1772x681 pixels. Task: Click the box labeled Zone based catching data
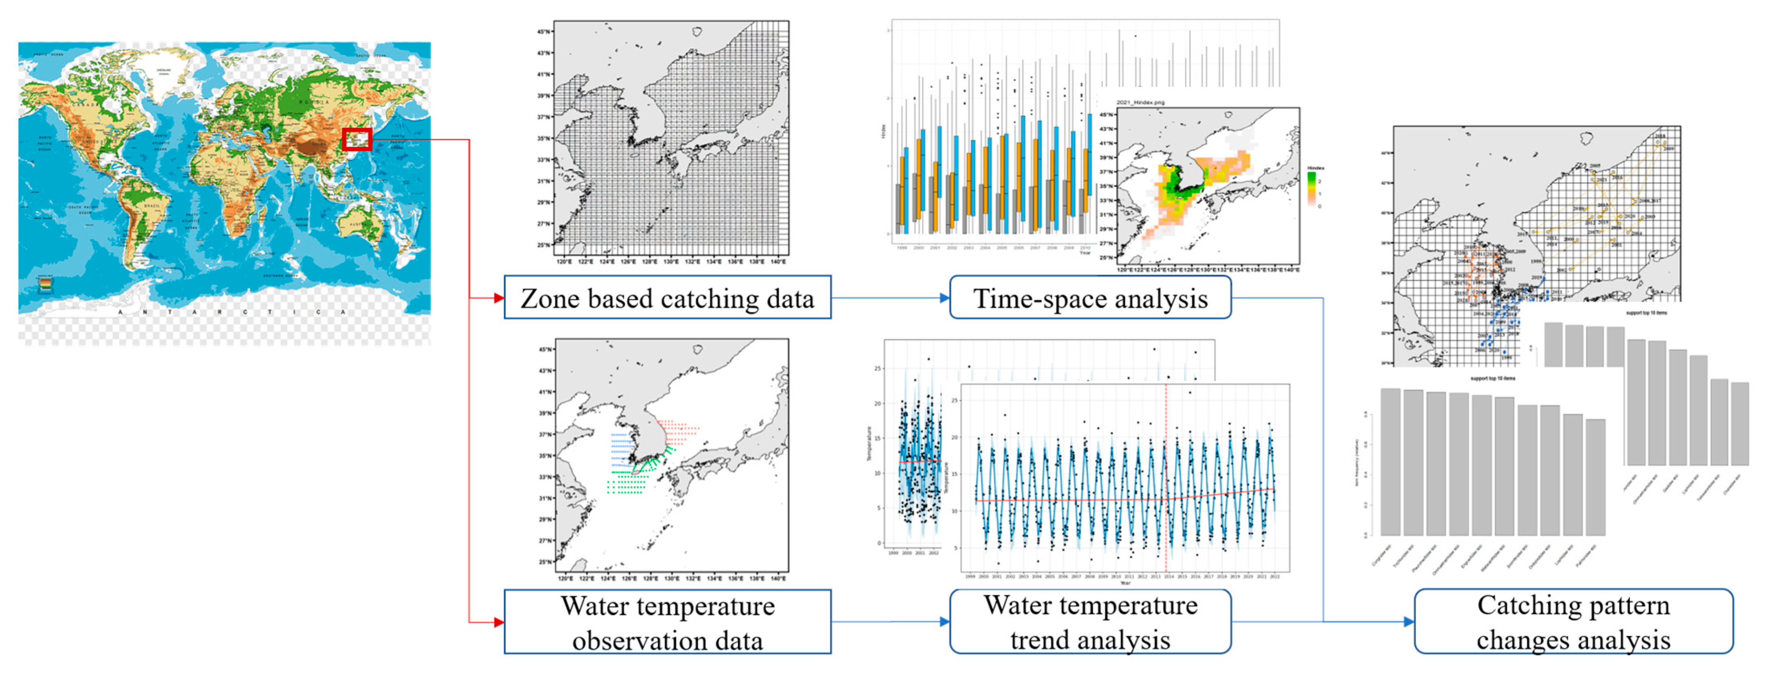click(667, 298)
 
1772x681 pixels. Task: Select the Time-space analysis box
click(1089, 298)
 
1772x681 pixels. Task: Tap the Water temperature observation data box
click(667, 622)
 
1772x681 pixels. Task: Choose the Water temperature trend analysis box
click(1089, 622)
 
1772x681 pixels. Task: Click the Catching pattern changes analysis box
click(1573, 622)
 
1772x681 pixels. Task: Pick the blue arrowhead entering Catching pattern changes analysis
click(1409, 622)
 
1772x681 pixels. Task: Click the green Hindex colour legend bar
click(1312, 187)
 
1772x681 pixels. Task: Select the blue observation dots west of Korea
click(622, 447)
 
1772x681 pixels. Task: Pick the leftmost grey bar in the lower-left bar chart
click(1390, 461)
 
